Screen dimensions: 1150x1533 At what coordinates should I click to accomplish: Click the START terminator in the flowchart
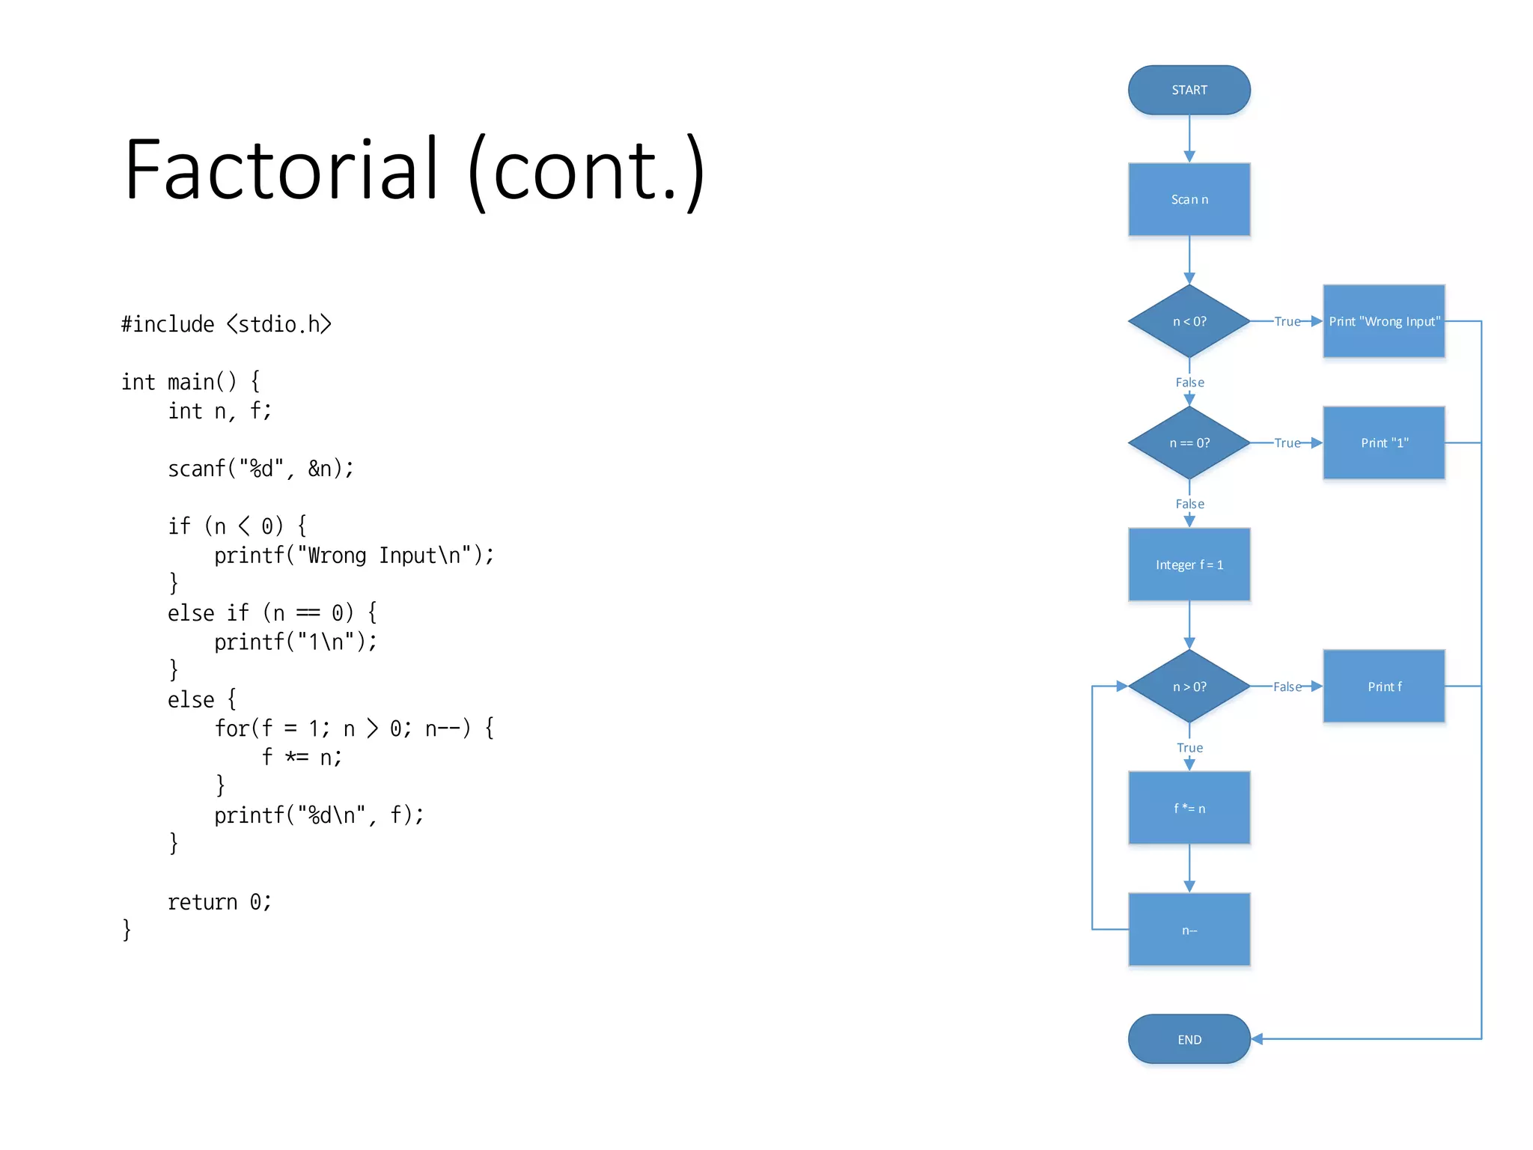click(1189, 90)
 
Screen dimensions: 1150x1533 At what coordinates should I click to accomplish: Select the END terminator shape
click(1189, 1039)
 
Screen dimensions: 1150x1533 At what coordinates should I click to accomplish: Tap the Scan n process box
click(1189, 199)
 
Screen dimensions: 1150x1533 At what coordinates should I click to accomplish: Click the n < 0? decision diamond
click(1189, 321)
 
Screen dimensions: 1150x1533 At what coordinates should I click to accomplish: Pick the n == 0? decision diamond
click(1189, 442)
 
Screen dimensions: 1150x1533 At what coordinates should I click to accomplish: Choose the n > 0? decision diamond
click(1189, 687)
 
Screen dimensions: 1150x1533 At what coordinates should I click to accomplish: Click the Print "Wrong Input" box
click(1383, 321)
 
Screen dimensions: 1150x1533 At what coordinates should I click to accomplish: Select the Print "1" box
click(1383, 442)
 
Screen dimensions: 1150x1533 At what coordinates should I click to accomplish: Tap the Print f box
click(1383, 687)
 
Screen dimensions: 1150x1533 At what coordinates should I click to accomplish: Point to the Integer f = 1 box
click(1189, 565)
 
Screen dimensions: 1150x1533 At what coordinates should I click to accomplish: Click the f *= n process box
click(1189, 808)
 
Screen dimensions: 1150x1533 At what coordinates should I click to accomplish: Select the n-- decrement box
click(1189, 930)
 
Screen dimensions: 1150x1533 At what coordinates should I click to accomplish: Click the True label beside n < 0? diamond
click(1287, 321)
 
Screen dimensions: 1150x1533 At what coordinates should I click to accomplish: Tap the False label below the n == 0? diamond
click(1189, 504)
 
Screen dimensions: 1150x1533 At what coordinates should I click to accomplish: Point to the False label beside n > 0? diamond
click(1287, 687)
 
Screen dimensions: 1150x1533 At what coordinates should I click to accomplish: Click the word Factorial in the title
click(281, 171)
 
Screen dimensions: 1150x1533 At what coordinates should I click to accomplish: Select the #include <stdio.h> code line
click(226, 324)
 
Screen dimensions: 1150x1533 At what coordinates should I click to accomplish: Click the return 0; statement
click(219, 902)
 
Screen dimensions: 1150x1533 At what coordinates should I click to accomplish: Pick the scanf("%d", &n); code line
click(260, 469)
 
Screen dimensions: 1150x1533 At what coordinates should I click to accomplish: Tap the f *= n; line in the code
click(302, 758)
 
